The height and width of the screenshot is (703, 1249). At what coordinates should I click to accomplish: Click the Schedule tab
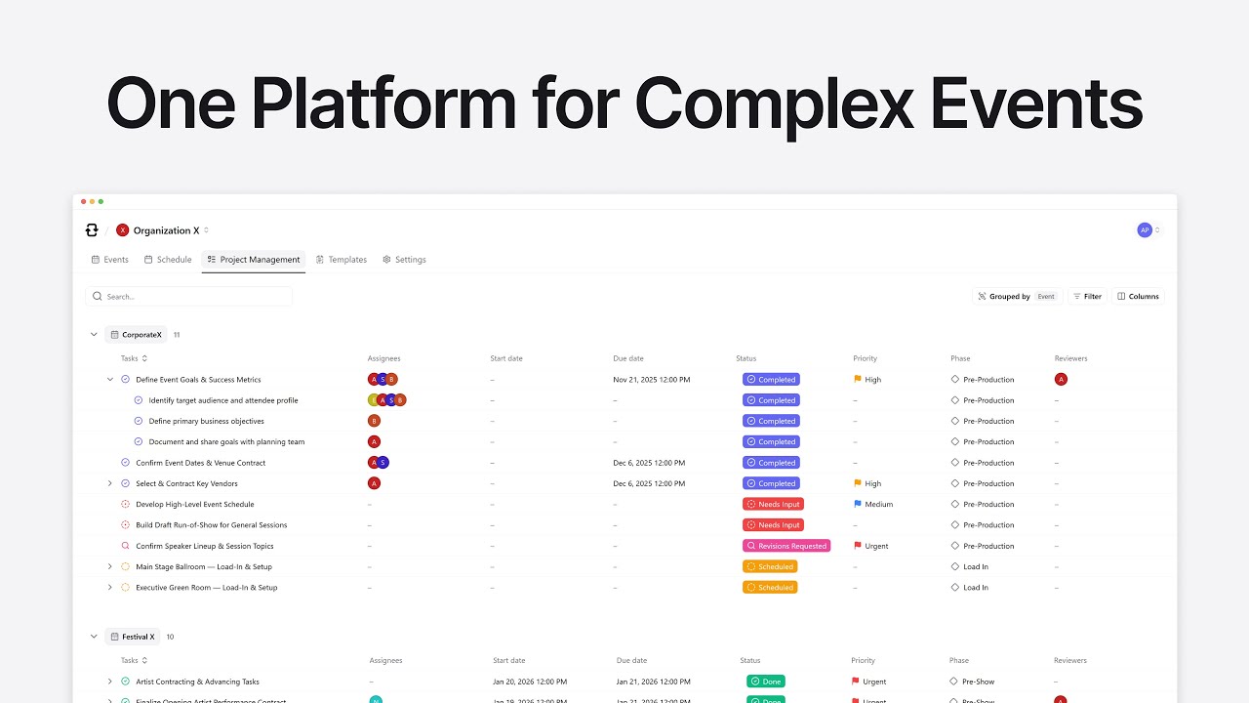coord(168,260)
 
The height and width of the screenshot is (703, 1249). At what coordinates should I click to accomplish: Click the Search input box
coord(189,296)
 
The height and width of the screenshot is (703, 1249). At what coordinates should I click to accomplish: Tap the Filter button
coord(1087,297)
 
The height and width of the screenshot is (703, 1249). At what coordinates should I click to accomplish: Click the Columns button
coord(1139,297)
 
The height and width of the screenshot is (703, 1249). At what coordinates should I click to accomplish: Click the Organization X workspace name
coord(166,230)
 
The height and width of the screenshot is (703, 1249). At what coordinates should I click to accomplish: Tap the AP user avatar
coord(1145,230)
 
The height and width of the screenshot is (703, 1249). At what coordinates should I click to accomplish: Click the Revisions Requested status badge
coord(786,546)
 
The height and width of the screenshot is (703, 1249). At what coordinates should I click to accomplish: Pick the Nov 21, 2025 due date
coord(652,380)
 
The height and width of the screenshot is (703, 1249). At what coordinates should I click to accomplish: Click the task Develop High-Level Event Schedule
coord(195,505)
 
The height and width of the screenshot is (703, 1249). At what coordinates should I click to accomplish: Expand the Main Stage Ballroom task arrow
coord(109,566)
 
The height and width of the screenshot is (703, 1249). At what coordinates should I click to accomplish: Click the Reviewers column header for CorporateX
coord(1070,358)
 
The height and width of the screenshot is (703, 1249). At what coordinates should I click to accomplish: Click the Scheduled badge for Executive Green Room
coord(770,588)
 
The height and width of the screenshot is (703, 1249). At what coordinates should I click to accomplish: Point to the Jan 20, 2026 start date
coord(530,682)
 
